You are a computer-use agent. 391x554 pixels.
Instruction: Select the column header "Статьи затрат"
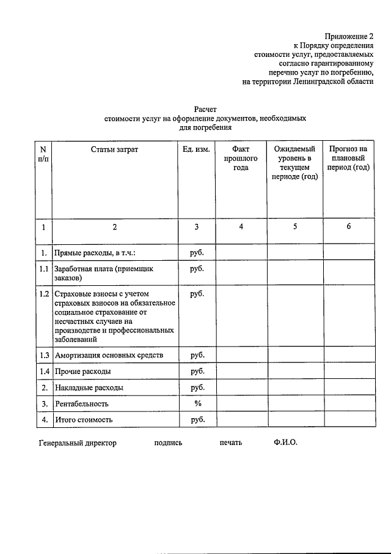(x=114, y=149)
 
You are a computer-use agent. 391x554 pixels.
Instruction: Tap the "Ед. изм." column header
(x=197, y=149)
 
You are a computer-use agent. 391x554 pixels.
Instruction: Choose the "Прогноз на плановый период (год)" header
(x=348, y=158)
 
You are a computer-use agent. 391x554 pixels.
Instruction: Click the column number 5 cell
(x=295, y=226)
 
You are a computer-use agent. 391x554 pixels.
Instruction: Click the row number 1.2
(x=43, y=294)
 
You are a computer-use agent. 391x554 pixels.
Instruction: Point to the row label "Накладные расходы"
(x=89, y=387)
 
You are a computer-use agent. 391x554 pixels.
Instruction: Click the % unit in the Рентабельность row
(x=197, y=403)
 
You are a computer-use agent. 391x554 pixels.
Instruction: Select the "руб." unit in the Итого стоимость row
(x=197, y=420)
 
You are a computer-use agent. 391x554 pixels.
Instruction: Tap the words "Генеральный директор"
(x=77, y=443)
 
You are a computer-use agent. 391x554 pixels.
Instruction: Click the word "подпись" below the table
(x=169, y=443)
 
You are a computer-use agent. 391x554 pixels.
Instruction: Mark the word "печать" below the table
(x=231, y=443)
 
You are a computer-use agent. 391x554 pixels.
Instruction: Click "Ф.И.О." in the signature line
(x=286, y=443)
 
